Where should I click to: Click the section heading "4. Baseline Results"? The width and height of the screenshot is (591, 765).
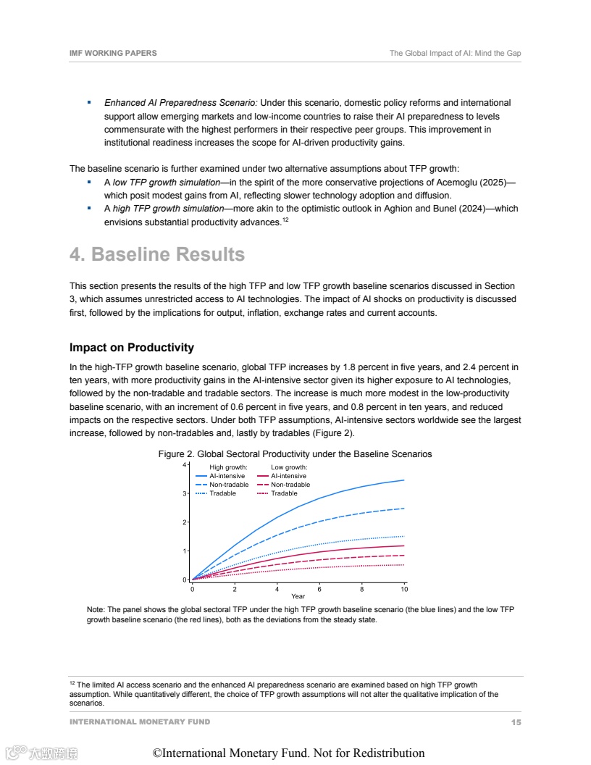[x=157, y=255]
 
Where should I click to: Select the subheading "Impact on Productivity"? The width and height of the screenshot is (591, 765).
[x=132, y=348]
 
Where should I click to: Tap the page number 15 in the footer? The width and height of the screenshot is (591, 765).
[x=516, y=722]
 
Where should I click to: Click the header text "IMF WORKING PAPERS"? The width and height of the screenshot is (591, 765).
[x=113, y=54]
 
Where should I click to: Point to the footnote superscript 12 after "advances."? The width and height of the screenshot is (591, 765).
[x=285, y=220]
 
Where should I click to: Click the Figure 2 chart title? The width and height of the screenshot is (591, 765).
[x=295, y=454]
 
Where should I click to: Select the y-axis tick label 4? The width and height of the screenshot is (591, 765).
[x=185, y=464]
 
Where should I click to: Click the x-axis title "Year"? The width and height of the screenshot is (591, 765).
[x=298, y=596]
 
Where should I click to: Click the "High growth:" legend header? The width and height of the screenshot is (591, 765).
[x=228, y=467]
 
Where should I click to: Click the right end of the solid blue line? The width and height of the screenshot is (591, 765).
[x=404, y=480]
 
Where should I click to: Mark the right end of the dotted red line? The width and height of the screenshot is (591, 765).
[x=404, y=565]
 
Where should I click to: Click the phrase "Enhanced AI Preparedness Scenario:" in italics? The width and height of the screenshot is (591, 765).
[x=180, y=103]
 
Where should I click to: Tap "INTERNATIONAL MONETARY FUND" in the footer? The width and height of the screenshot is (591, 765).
[x=140, y=722]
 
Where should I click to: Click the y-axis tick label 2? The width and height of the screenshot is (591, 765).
[x=185, y=522]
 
